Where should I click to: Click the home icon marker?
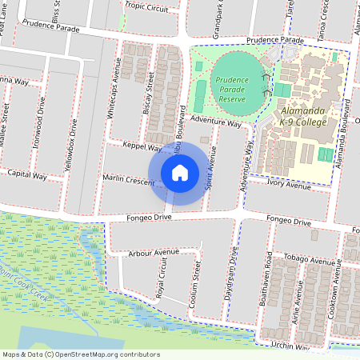coord(180,172)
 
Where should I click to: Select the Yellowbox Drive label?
coord(66,146)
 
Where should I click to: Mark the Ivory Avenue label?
coord(289,186)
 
